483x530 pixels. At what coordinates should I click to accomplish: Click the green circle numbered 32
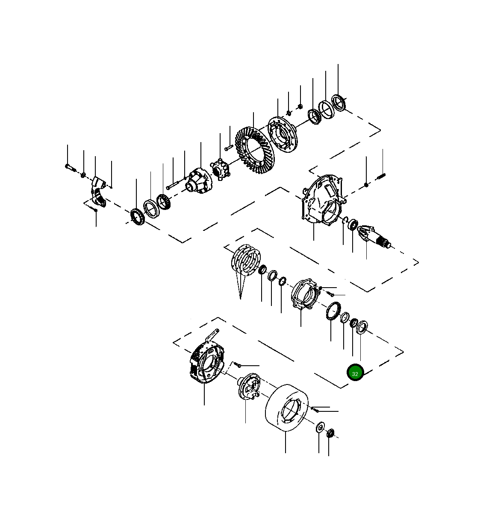coord(355,373)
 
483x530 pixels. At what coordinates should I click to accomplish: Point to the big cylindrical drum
coord(286,408)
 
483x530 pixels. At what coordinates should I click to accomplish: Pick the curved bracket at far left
coord(98,190)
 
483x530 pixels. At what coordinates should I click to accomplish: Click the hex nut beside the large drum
coord(330,434)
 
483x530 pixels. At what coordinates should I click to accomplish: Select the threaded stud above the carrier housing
coord(381,175)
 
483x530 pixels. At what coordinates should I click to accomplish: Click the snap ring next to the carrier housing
coord(344,220)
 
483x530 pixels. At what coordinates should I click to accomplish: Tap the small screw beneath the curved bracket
coord(95,209)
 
